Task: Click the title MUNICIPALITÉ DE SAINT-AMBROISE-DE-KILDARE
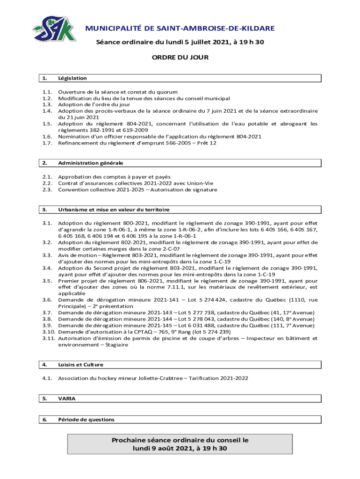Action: [x=180, y=29]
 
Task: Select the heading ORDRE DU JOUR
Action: [x=180, y=58]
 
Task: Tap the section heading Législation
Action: [x=72, y=79]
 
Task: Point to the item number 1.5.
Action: [x=46, y=124]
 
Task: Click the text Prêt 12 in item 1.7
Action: [x=206, y=143]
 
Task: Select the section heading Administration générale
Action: [x=87, y=163]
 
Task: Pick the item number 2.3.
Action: [x=46, y=190]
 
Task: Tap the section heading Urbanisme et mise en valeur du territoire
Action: [x=114, y=210]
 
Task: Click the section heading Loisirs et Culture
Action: [x=80, y=364]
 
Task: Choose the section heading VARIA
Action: [x=66, y=399]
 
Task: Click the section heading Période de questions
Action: [x=86, y=420]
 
